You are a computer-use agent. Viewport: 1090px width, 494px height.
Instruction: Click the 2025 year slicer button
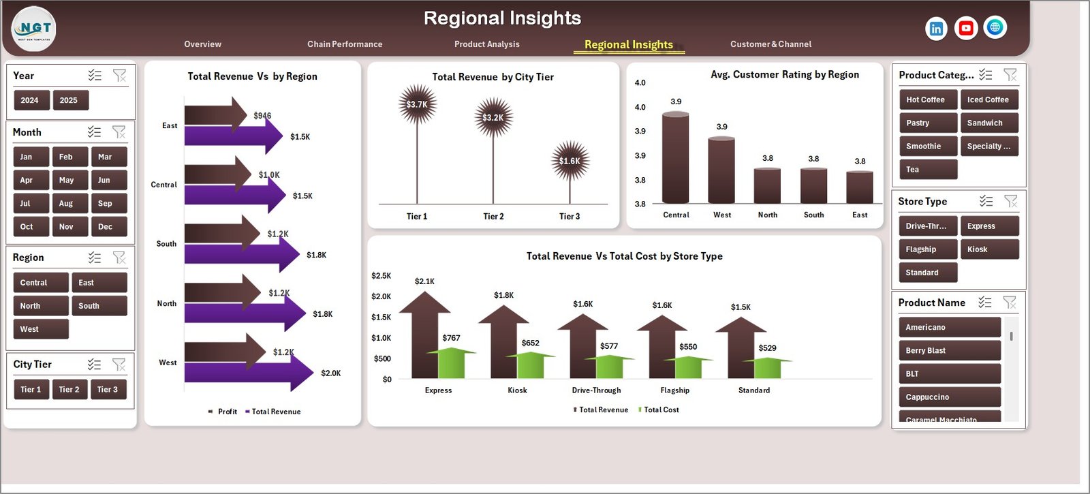click(x=69, y=100)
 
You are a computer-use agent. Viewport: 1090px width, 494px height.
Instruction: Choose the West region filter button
click(x=40, y=329)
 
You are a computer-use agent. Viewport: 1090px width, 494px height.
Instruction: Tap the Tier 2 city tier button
click(x=69, y=390)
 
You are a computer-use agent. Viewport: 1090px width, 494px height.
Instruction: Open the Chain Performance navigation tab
click(x=345, y=44)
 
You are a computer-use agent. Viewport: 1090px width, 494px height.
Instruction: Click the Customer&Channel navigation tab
click(x=770, y=44)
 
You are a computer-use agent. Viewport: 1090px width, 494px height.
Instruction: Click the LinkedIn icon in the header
click(x=936, y=29)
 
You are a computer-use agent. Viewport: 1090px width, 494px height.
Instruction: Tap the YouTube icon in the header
click(x=965, y=28)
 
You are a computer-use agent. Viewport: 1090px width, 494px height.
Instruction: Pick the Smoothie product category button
click(x=928, y=146)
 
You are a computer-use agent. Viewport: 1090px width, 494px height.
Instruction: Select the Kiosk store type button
click(x=988, y=249)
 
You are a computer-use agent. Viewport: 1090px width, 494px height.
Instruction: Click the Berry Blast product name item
click(x=949, y=351)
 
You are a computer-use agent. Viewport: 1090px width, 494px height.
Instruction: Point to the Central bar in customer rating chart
click(x=675, y=158)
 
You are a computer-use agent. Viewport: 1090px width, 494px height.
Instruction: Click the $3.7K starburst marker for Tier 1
click(x=417, y=104)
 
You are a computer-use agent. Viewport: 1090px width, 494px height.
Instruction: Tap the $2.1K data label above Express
click(x=424, y=281)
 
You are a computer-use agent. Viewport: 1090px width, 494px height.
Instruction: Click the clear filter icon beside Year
click(x=119, y=76)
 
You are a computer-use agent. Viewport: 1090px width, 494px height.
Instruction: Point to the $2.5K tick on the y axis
click(x=381, y=276)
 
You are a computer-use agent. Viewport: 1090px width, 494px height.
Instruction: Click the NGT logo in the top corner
click(x=33, y=29)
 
